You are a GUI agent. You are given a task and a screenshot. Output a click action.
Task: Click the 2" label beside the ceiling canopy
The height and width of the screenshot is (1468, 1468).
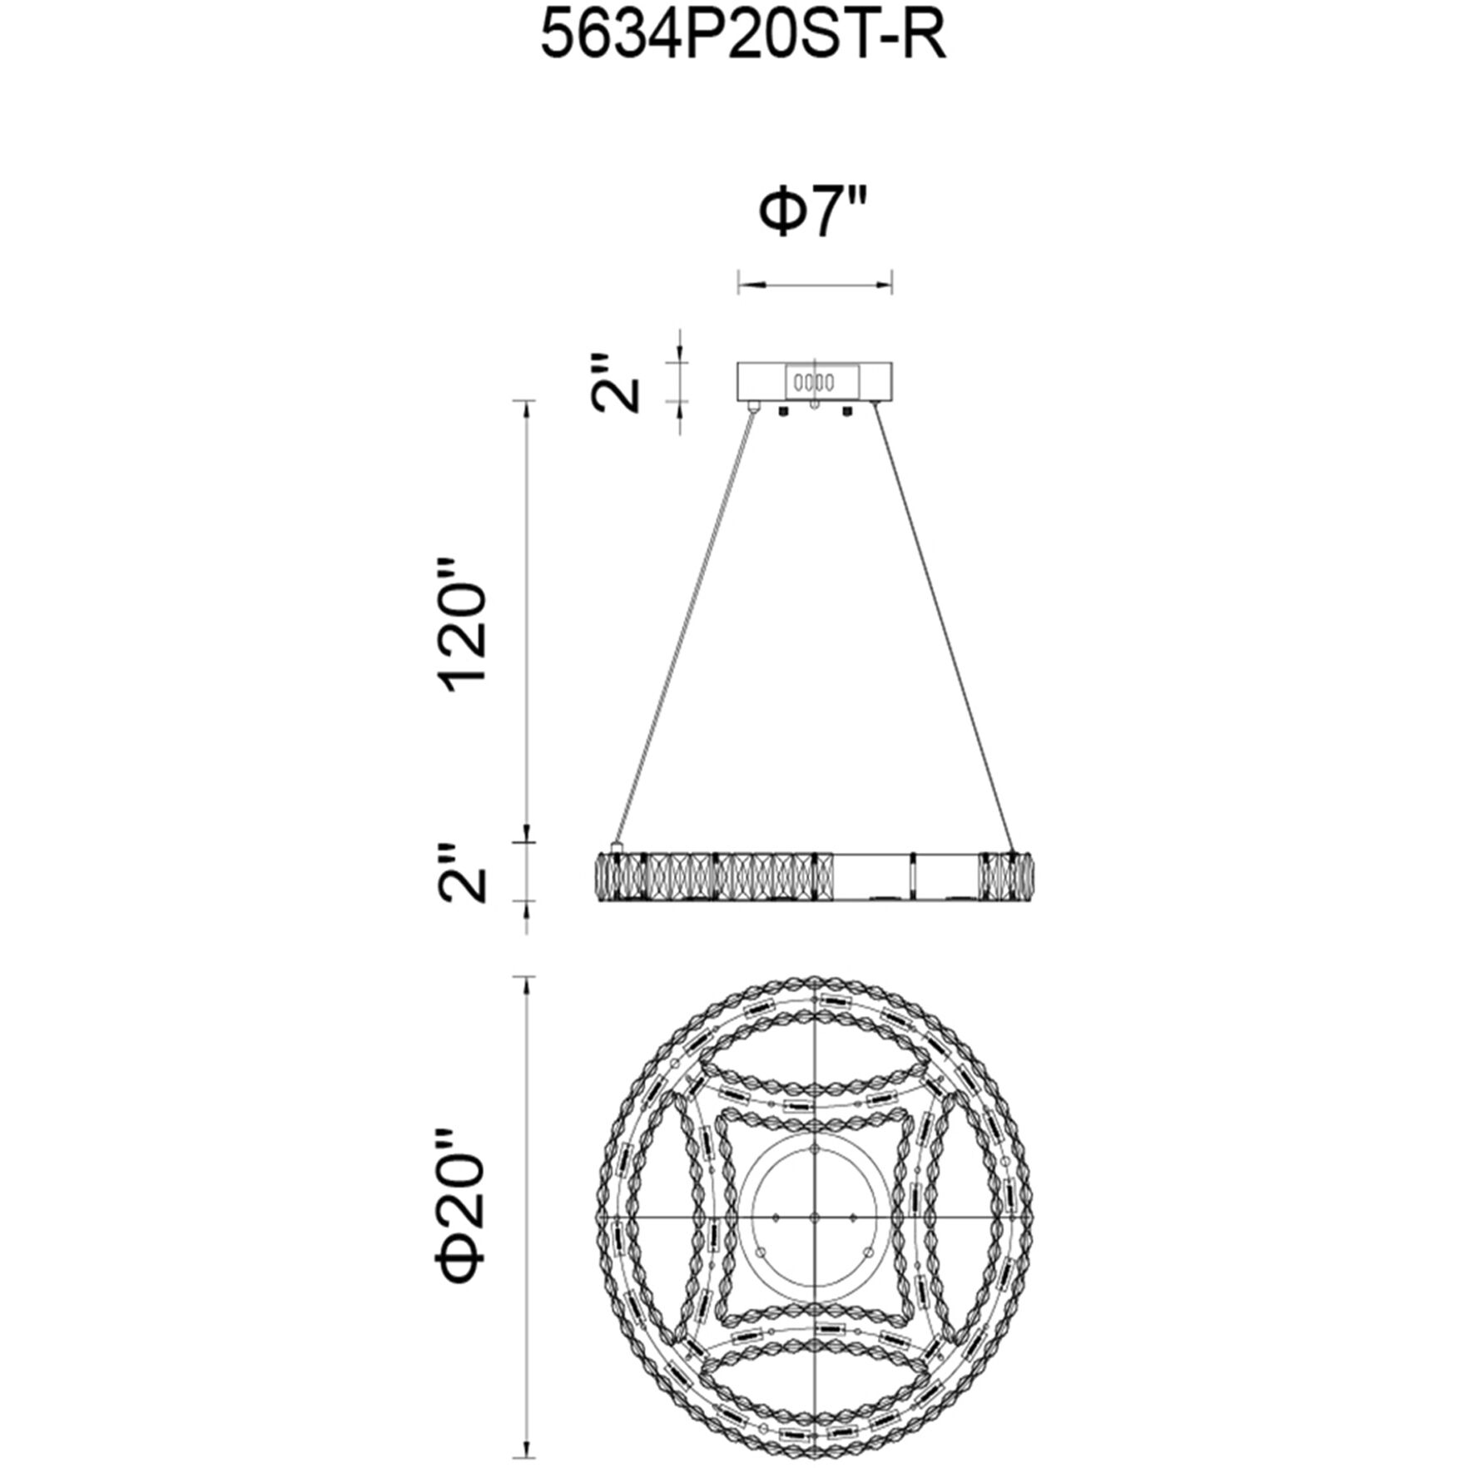617,382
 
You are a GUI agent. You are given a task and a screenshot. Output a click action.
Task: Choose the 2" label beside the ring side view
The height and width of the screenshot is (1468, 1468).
463,872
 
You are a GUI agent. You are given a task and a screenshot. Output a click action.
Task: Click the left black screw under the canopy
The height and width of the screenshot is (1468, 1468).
782,410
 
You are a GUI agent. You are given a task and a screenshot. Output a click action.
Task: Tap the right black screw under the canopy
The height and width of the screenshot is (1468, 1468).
848,410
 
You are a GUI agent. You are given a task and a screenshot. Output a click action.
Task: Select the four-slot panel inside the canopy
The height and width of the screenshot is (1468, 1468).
814,384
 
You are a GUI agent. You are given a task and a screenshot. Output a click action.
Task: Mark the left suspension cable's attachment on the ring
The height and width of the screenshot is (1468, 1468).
617,846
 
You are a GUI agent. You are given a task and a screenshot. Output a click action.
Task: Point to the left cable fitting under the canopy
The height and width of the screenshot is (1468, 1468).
754,408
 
